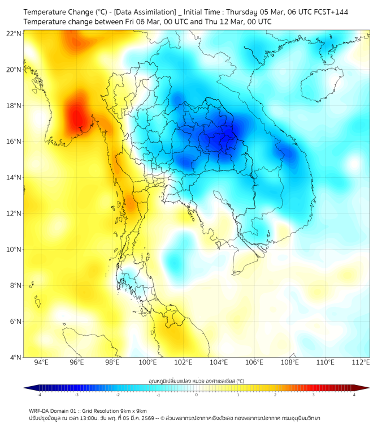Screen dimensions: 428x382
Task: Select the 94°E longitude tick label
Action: click(x=41, y=362)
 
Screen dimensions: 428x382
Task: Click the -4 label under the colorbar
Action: click(x=38, y=394)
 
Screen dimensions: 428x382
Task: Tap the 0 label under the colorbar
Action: click(x=197, y=394)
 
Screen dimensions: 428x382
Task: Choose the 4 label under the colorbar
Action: click(x=354, y=394)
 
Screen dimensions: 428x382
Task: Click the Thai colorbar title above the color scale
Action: click(x=196, y=381)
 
